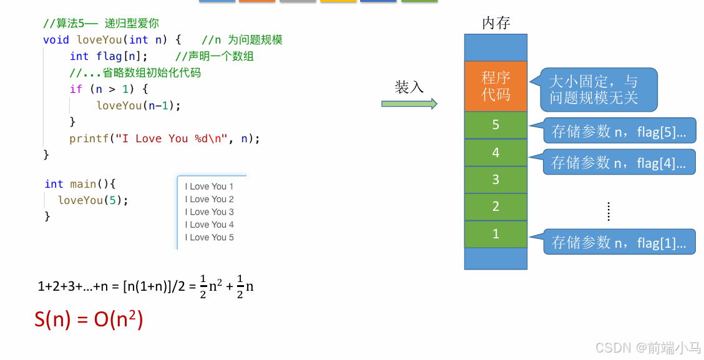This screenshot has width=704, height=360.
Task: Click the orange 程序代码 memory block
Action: [496, 86]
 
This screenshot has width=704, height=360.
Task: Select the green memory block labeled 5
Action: [496, 125]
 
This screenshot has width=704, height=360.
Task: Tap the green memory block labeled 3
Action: [496, 180]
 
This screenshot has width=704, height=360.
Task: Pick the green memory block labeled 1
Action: [496, 234]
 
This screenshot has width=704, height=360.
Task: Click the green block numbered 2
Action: [496, 207]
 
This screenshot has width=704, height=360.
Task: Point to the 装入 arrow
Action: [409, 104]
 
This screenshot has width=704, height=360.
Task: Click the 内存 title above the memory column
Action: [496, 23]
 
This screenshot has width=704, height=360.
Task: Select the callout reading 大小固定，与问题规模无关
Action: [598, 89]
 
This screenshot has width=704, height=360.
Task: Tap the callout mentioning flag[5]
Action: [618, 131]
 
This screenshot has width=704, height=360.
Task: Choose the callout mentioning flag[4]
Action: [618, 162]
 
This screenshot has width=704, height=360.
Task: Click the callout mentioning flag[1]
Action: [618, 242]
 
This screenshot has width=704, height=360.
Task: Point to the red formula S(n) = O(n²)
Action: [89, 319]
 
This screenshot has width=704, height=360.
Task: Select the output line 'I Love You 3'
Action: [209, 212]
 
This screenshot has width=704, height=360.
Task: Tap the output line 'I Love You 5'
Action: [209, 238]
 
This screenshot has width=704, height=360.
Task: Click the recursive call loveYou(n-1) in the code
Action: [138, 105]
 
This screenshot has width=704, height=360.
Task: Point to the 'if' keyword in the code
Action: [76, 89]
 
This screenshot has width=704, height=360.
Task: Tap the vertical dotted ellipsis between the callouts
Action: [609, 212]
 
